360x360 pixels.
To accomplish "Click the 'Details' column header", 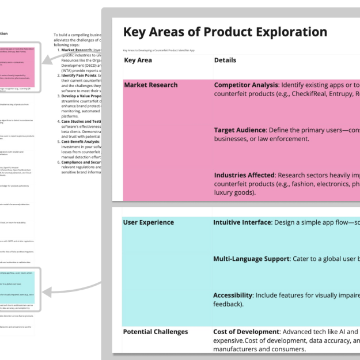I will [225, 60].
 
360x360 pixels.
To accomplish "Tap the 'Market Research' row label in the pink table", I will [151, 85].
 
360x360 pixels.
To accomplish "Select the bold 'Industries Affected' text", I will [244, 175].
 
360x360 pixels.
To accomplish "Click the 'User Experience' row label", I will [148, 222].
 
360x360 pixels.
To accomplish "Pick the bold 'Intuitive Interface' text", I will [242, 222].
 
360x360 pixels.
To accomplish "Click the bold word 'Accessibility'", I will [233, 295].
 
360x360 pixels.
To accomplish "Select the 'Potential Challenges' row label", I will [156, 332].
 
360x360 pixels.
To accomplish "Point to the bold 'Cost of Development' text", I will [246, 332].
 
